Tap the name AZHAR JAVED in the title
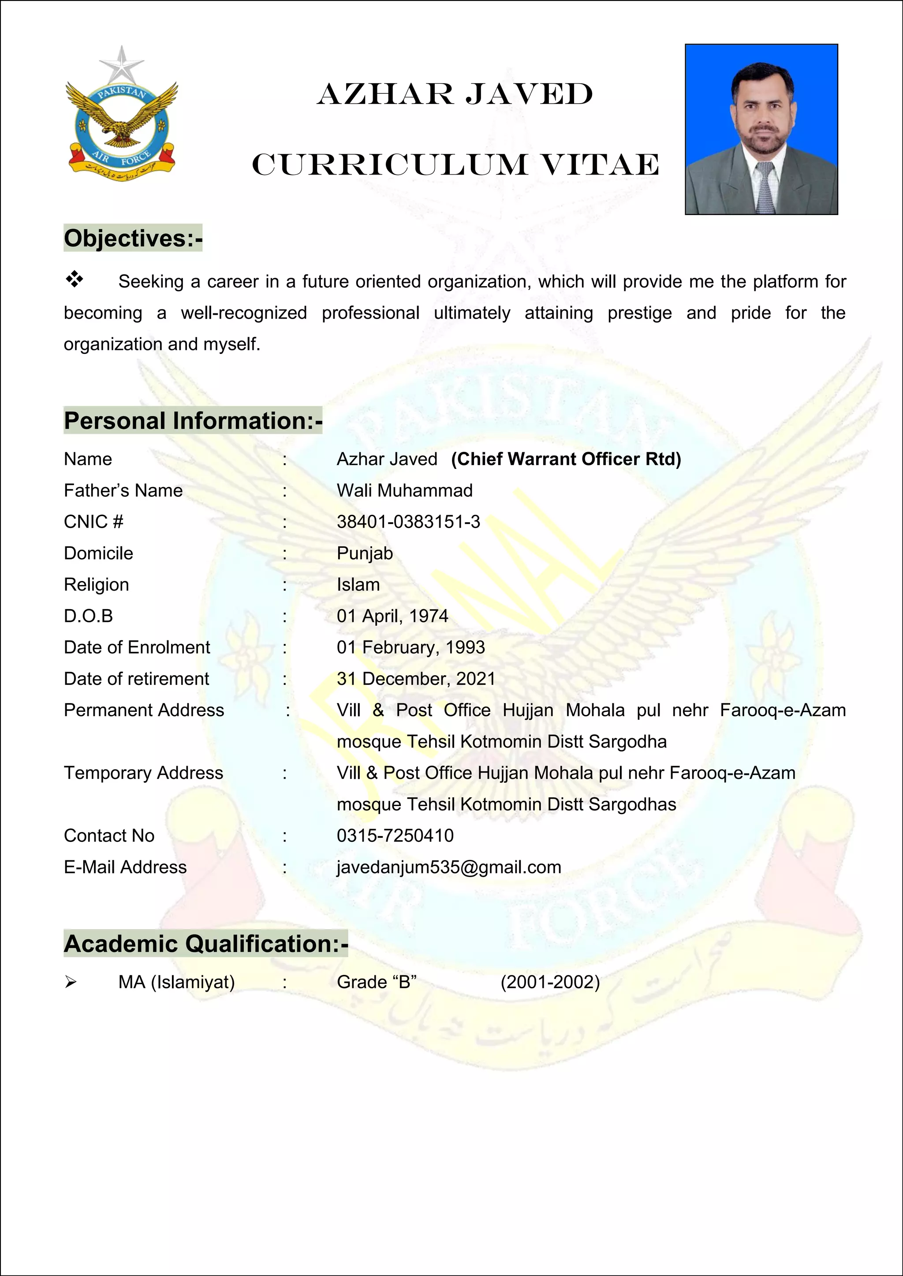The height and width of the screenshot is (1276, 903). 455,94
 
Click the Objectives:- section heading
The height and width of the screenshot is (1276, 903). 133,238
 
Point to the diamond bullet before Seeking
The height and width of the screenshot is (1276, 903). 74,279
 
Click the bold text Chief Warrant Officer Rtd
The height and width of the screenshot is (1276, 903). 566,459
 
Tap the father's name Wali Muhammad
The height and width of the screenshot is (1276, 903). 404,491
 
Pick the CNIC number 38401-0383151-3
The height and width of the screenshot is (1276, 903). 408,522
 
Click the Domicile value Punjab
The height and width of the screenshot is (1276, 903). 365,554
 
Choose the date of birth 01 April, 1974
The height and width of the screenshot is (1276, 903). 392,616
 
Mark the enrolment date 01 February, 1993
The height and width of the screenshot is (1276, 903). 410,647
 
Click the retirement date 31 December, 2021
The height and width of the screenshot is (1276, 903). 415,679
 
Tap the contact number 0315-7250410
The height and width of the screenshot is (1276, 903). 395,836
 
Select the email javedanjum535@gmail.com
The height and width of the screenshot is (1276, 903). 449,867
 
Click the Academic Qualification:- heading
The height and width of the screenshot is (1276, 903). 206,944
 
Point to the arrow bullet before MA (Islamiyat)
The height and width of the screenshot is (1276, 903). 70,982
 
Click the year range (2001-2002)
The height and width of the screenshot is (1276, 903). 550,982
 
